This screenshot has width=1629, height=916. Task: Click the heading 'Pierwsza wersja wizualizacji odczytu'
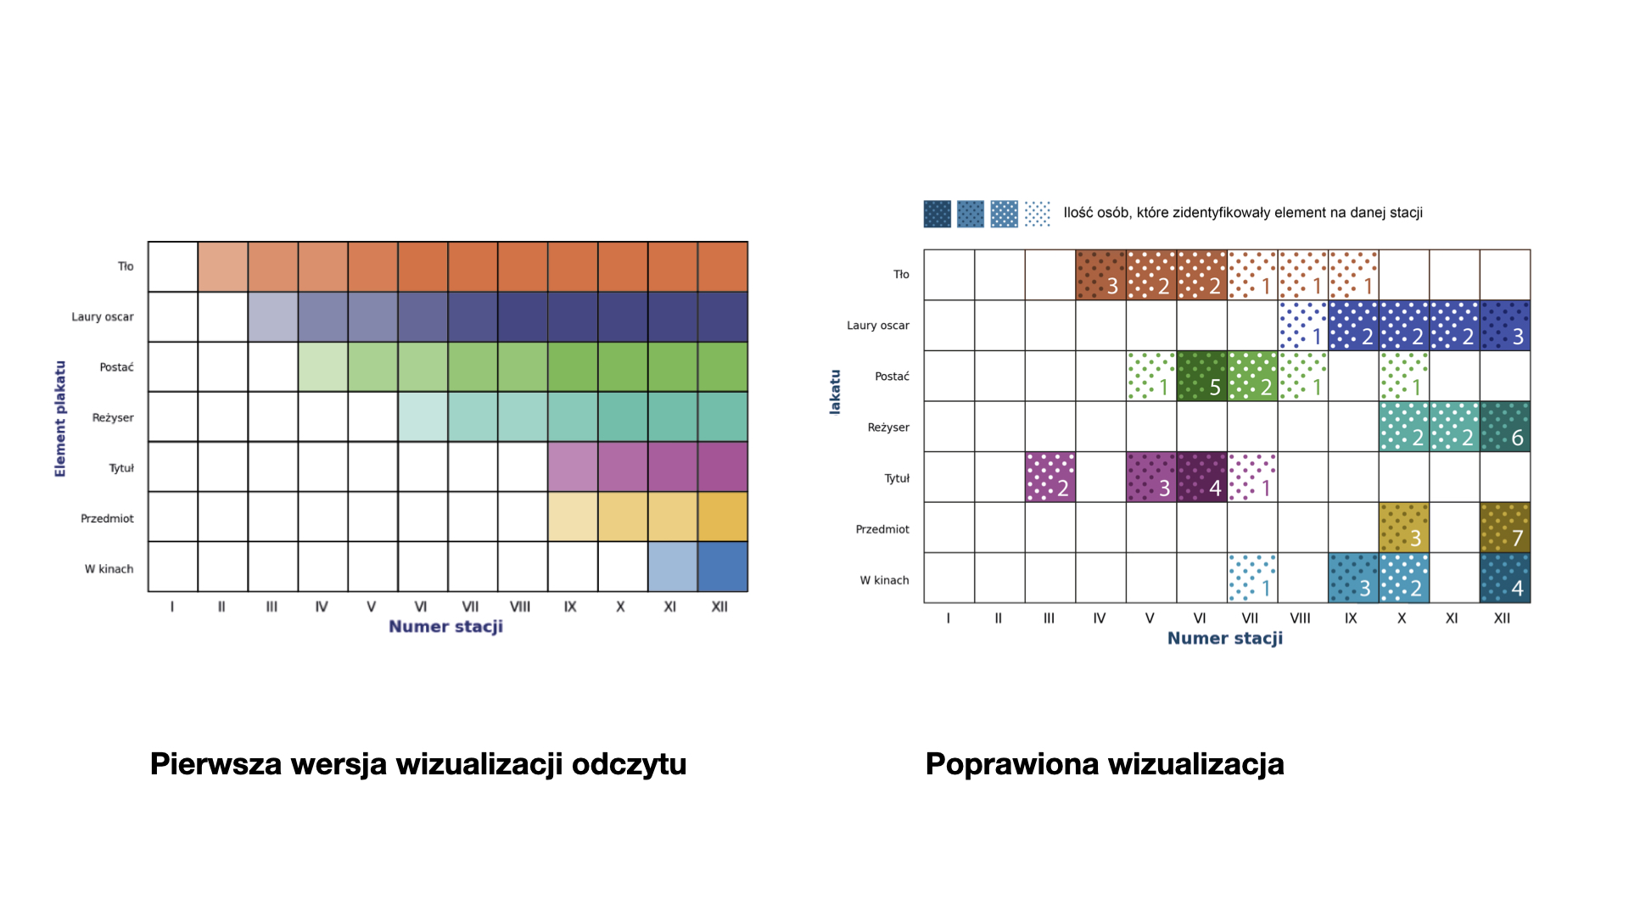pos(417,764)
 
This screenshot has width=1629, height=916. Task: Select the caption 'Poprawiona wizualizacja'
pos(1104,764)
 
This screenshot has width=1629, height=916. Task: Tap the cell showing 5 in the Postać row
pos(1201,376)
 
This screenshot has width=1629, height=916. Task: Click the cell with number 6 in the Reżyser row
pos(1504,427)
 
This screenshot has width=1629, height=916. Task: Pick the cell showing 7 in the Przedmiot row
pos(1504,528)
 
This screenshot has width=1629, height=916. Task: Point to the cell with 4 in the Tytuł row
pos(1201,477)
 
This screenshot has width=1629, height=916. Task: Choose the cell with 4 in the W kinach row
pos(1504,578)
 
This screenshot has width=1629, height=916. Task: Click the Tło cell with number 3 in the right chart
pos(1100,275)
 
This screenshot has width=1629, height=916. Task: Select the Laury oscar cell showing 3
pos(1504,326)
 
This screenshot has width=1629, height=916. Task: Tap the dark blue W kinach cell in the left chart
pos(723,567)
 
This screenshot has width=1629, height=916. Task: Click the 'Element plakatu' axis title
pos(60,418)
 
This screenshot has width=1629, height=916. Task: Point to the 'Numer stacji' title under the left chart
pos(445,627)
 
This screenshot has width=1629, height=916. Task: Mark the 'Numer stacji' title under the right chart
pos(1224,639)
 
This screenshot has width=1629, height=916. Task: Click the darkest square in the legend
pos(937,214)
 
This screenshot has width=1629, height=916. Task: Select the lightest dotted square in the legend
pos(1037,214)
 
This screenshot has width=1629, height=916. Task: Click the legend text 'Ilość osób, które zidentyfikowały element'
pos(1242,213)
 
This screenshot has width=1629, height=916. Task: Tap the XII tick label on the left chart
pos(719,607)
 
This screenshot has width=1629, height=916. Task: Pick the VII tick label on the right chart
pos(1250,618)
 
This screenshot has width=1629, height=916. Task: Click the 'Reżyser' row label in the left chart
pos(113,417)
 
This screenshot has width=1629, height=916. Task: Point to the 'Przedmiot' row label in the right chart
pos(882,529)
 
